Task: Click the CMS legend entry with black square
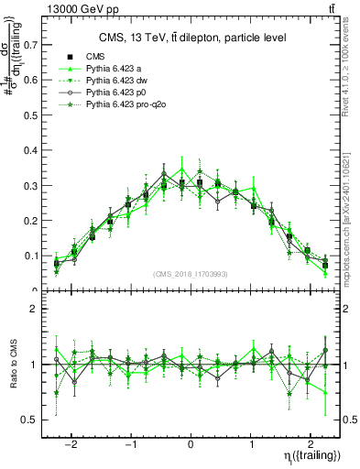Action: tap(95, 57)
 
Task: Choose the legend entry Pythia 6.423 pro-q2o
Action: tap(129, 105)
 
